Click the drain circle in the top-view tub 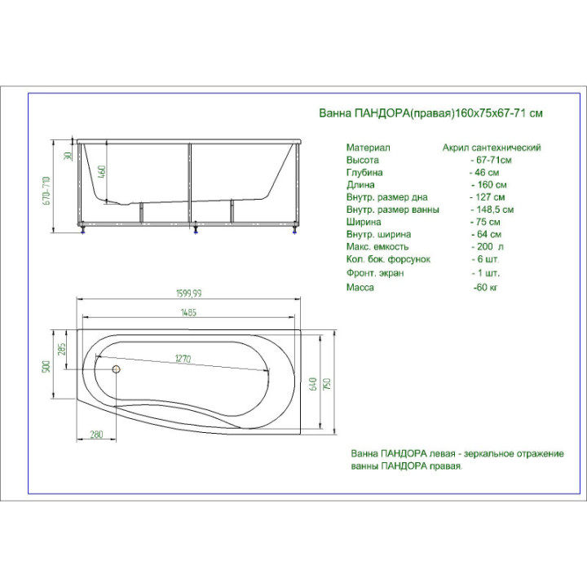pyautogui.click(x=117, y=369)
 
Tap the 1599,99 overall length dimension pyautogui.click(x=188, y=293)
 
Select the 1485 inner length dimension pyautogui.click(x=188, y=312)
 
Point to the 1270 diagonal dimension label pyautogui.click(x=183, y=359)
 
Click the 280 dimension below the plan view pyautogui.click(x=96, y=435)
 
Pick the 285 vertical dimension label pyautogui.click(x=62, y=349)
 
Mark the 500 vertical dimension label pyautogui.click(x=46, y=367)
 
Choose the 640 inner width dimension pyautogui.click(x=313, y=384)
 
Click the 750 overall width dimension pyautogui.click(x=327, y=384)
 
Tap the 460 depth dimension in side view pyautogui.click(x=102, y=171)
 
